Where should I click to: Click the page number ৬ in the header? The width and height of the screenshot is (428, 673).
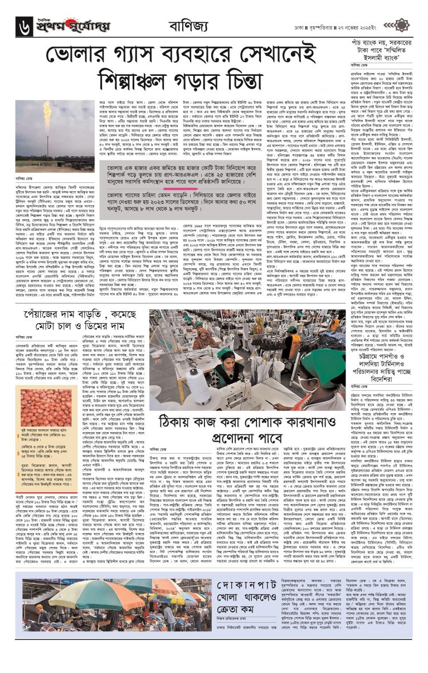click(x=25, y=26)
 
